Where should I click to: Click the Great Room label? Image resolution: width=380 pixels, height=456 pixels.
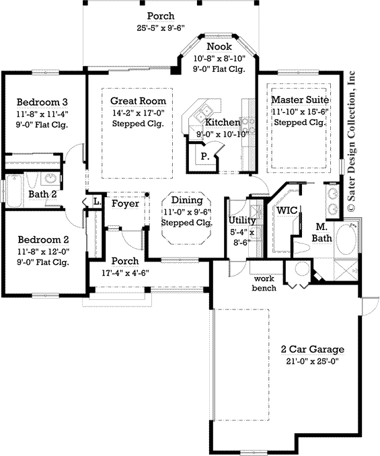[138, 101]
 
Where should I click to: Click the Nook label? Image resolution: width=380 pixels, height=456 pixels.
[219, 46]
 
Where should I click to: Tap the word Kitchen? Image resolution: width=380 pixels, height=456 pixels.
[222, 122]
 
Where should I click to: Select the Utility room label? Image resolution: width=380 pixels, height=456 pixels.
[241, 220]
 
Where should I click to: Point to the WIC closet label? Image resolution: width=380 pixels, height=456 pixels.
[287, 210]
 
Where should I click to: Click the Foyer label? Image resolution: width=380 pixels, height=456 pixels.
[125, 203]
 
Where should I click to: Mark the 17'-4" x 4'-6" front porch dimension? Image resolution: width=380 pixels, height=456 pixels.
[125, 272]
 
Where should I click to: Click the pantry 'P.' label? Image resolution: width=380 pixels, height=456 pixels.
[203, 155]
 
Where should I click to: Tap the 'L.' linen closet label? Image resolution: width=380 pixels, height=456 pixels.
[96, 200]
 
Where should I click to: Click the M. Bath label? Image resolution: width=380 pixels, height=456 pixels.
[321, 232]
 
